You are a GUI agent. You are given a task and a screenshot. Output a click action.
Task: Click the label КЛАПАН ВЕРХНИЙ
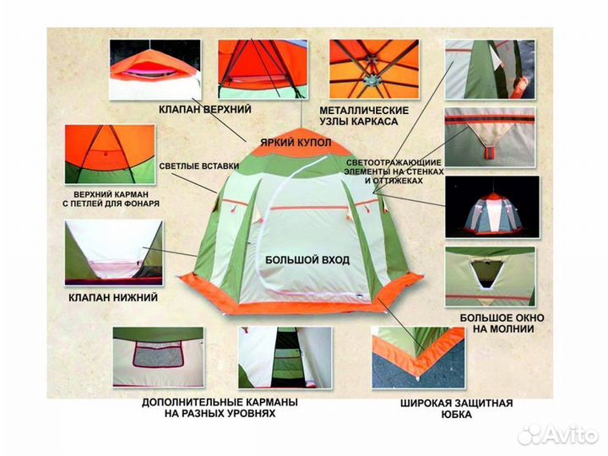click(x=204, y=109)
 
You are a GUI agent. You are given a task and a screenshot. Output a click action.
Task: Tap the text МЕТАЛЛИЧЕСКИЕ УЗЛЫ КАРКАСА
click(x=364, y=116)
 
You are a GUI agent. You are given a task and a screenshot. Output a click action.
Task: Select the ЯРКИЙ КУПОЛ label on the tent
click(x=296, y=143)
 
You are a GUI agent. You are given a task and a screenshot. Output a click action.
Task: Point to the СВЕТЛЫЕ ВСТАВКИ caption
click(x=199, y=166)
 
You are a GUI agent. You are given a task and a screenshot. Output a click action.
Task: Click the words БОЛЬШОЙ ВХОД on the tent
click(x=307, y=260)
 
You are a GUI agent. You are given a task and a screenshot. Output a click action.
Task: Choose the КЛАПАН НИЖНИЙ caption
click(x=113, y=298)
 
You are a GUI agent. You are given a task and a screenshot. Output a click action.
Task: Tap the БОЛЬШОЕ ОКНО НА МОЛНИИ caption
click(x=502, y=323)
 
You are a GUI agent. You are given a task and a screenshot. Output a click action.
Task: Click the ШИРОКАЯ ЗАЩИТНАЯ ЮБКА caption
click(x=456, y=409)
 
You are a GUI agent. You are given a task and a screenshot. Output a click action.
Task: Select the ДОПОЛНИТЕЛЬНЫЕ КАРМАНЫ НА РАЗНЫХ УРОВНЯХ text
click(x=220, y=408)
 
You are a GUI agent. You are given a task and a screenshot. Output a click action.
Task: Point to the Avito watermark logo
click(x=558, y=435)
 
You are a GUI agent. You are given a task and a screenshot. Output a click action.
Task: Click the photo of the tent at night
click(x=492, y=207)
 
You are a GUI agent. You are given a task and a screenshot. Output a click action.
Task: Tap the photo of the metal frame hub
click(x=374, y=69)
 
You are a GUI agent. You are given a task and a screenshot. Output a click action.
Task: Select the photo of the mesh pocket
click(x=158, y=357)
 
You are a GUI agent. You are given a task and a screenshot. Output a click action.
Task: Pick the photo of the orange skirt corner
click(x=418, y=357)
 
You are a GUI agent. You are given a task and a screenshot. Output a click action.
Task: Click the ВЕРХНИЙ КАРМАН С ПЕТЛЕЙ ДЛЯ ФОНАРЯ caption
click(x=111, y=199)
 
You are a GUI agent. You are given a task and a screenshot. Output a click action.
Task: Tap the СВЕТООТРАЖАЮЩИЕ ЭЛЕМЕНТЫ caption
click(x=394, y=171)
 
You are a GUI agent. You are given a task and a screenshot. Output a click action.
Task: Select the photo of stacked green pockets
click(x=285, y=357)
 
